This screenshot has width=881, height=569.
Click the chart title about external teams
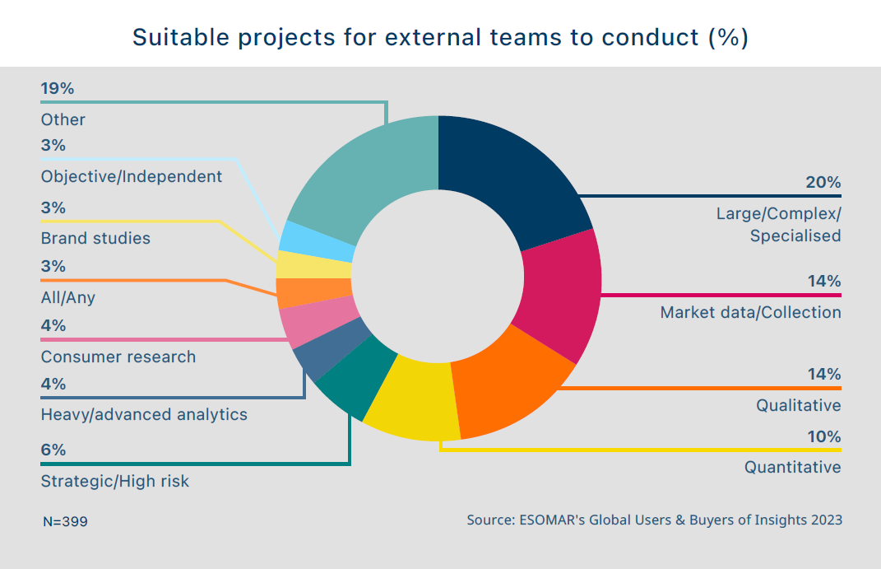click(440, 38)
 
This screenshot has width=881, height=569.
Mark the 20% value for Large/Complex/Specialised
click(823, 183)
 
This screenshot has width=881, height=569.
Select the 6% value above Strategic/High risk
click(53, 450)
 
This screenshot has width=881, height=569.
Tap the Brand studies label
click(95, 239)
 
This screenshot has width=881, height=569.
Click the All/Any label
click(68, 297)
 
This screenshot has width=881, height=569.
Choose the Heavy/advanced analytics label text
click(144, 414)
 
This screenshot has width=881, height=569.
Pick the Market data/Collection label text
click(750, 313)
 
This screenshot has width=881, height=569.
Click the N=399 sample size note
click(65, 522)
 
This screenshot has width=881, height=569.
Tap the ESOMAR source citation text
click(654, 520)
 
